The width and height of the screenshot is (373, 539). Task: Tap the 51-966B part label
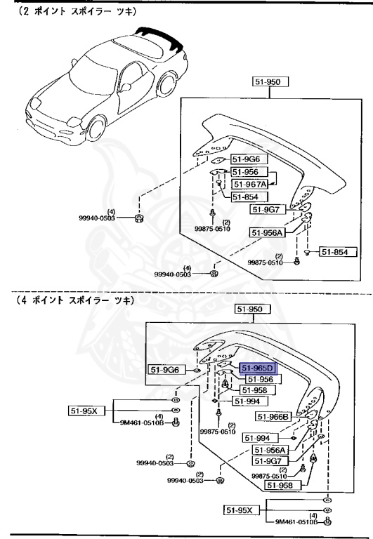coord(272,416)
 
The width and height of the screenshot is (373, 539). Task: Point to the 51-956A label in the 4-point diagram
coord(271,450)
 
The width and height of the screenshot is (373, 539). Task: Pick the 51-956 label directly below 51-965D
coord(258,379)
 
